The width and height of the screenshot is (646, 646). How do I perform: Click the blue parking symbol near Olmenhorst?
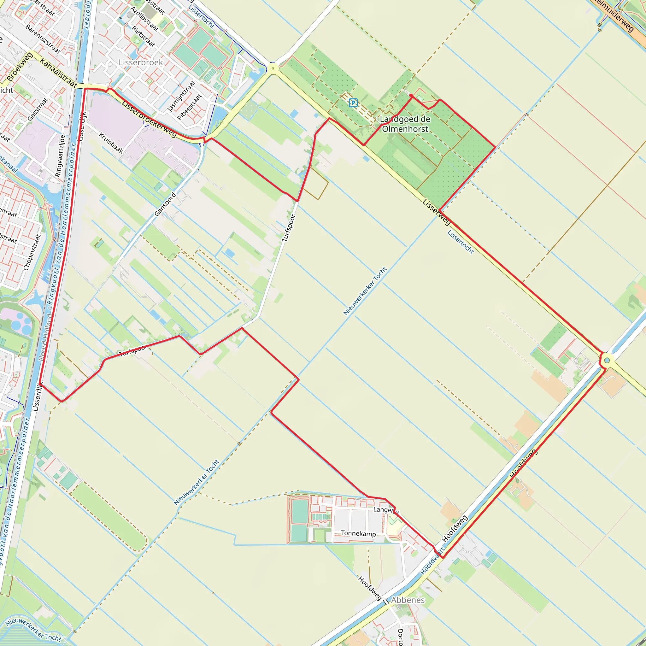click(353, 103)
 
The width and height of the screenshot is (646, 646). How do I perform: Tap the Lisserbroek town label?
click(141, 62)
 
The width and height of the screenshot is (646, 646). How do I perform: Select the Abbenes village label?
click(408, 600)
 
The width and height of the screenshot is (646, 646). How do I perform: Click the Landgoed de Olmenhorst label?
click(405, 124)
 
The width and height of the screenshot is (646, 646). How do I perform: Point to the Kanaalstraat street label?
click(59, 73)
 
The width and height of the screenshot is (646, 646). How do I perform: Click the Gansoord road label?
click(165, 204)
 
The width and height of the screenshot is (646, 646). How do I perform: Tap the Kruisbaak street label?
click(111, 143)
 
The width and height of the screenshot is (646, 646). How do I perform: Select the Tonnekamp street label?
click(358, 533)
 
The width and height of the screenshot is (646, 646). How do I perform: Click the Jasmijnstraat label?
click(181, 96)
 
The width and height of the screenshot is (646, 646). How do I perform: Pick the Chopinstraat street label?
click(32, 252)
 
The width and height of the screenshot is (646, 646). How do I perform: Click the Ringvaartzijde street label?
click(60, 156)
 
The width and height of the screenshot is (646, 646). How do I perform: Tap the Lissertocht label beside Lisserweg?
click(461, 242)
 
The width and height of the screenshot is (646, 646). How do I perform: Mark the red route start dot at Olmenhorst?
click(411, 95)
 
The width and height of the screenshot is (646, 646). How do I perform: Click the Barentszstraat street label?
click(43, 39)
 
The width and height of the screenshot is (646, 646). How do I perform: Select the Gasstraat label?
click(38, 109)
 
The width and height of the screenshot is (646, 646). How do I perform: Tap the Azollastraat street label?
click(144, 19)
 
